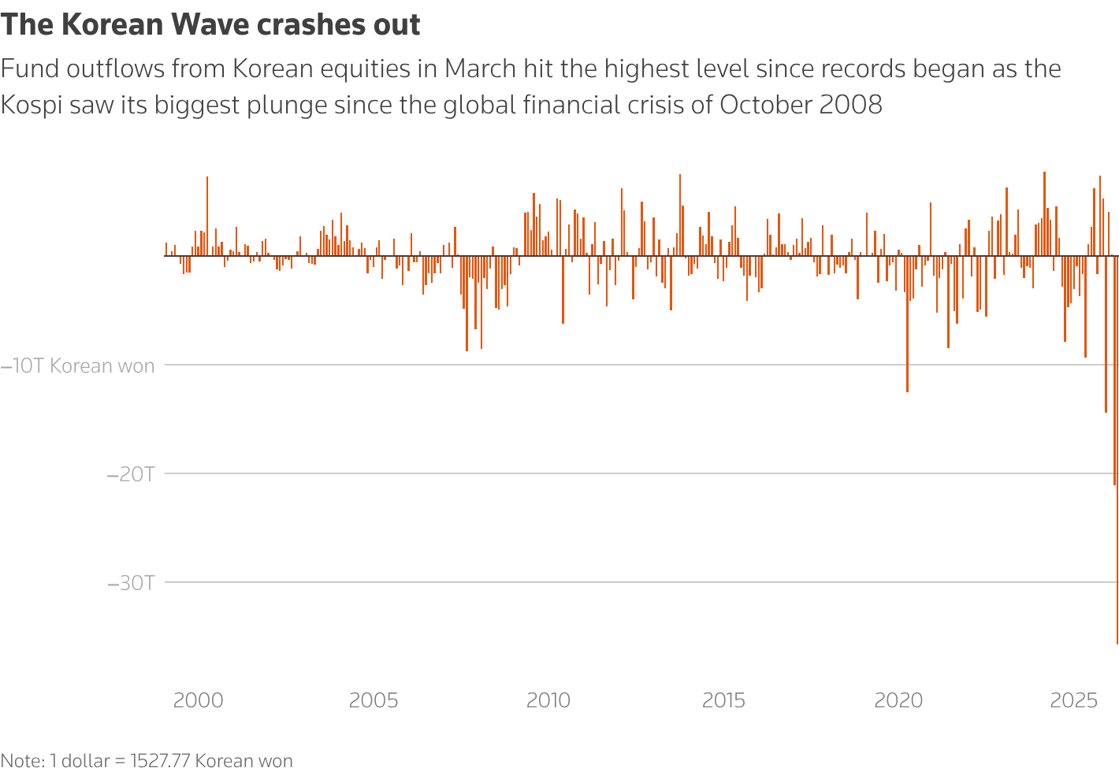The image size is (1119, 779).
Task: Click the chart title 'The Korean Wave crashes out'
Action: point(210,25)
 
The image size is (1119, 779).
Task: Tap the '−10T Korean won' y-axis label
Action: point(78,366)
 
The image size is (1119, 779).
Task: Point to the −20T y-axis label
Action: point(131,474)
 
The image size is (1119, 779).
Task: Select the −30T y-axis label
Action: point(131,583)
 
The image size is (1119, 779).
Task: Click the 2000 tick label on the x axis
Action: point(198,700)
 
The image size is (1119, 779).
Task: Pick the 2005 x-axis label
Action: point(374,700)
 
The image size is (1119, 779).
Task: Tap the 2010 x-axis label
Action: point(548,700)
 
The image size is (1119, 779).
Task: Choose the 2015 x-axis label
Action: point(723,700)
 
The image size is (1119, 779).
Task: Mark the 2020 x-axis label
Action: point(898,700)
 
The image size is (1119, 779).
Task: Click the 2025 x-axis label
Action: point(1074,700)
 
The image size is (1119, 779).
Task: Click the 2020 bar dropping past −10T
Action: point(907,331)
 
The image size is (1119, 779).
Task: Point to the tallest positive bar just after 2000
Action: point(207,213)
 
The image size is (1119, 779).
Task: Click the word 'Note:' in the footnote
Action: point(22,762)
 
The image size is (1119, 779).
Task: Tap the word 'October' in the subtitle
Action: point(764,105)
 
